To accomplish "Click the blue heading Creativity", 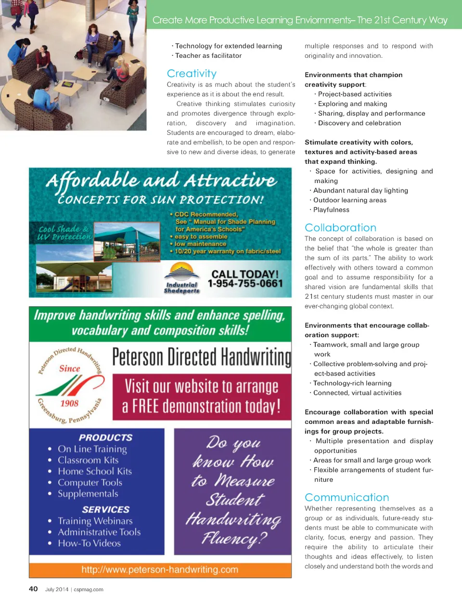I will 192,74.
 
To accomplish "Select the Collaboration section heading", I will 340,228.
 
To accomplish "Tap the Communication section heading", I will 346,498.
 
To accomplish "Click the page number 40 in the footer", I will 33,589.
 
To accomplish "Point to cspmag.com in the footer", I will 89,589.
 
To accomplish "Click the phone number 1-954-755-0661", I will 245,284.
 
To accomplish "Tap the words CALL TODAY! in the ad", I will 245,274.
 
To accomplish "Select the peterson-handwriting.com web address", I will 160,569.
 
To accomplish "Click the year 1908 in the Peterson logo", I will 69,403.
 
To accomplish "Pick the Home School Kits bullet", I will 94,471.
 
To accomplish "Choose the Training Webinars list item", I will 95,521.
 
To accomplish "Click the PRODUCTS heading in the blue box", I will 105,437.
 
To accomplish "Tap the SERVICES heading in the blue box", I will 105,509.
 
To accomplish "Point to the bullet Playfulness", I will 331,210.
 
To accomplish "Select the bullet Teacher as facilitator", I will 208,55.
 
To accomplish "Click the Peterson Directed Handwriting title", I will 202,357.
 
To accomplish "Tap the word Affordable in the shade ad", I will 92,181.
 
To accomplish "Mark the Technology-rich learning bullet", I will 352,383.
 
